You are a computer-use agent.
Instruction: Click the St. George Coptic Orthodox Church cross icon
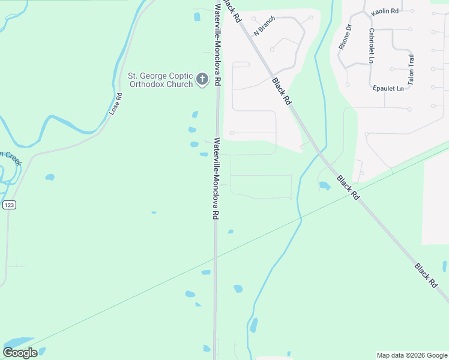pos(203,79)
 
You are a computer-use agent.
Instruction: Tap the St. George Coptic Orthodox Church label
pos(160,80)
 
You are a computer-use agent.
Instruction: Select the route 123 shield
pos(9,205)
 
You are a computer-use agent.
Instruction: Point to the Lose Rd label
pos(116,104)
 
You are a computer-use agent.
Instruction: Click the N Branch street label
pos(264,26)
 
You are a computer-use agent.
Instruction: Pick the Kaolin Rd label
pos(385,11)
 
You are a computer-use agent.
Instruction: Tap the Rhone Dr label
pos(345,37)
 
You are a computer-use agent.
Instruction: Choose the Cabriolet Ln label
pos(372,46)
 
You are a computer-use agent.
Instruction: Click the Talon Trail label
pos(411,69)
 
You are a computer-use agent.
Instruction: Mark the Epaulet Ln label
pos(388,89)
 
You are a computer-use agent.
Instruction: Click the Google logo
pos(20,353)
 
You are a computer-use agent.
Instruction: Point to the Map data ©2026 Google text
pos(412,355)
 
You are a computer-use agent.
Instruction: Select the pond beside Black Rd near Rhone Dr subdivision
pos(324,186)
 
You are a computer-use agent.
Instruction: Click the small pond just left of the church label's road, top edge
pos(197,17)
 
